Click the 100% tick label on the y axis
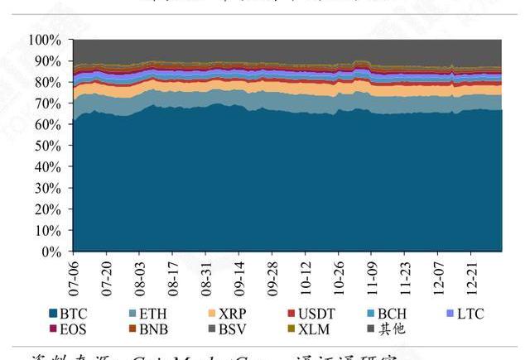point(46,40)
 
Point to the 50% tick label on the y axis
point(48,146)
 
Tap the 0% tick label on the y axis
point(51,251)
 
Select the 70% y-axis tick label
point(48,103)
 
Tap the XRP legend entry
point(228,314)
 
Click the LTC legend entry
point(463,314)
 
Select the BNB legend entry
point(150,329)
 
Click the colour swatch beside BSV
point(212,329)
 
